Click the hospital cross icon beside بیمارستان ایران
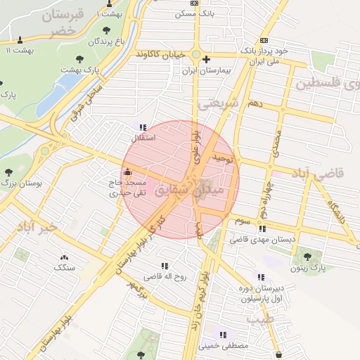(x=206, y=60)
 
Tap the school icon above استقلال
(x=143, y=128)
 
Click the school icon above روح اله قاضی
(x=165, y=266)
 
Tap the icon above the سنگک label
(x=65, y=258)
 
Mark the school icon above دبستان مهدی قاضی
(x=262, y=229)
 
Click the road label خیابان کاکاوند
(x=163, y=54)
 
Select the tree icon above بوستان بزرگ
(x=8, y=172)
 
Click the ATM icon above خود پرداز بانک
(x=264, y=41)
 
